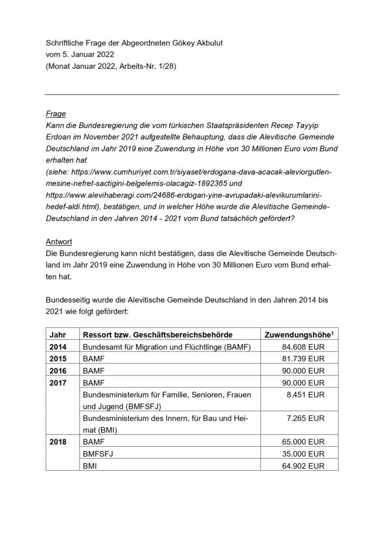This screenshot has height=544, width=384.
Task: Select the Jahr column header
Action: point(57,335)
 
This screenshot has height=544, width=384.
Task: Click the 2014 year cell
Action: point(58,347)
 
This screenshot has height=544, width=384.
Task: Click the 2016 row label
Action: point(58,371)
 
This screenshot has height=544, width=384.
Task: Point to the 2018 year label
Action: point(58,442)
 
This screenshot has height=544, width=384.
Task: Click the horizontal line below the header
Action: point(192,95)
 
